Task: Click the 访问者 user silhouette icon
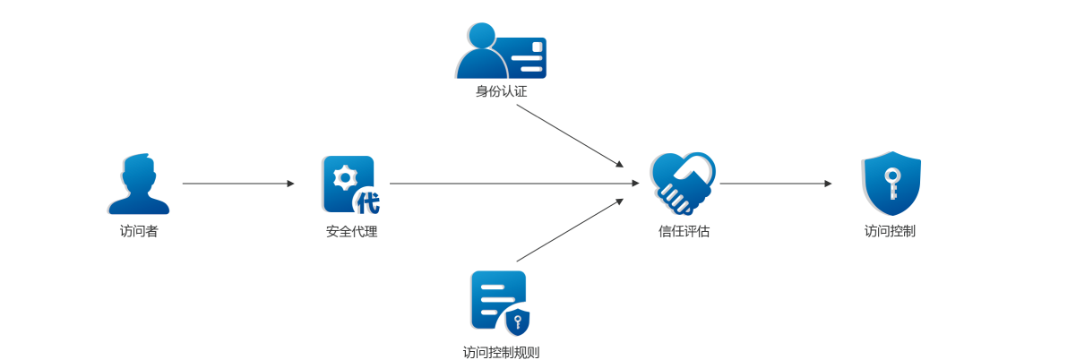tap(139, 184)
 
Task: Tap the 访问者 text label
tap(139, 231)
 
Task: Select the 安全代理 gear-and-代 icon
tap(349, 184)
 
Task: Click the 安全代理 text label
tap(351, 231)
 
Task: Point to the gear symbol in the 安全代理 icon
tap(344, 177)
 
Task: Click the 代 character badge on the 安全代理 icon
tap(367, 202)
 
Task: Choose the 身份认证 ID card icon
tap(501, 52)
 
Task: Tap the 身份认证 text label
tap(501, 91)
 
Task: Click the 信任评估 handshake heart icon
tap(683, 183)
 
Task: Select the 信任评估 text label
tap(684, 231)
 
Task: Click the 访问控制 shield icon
tap(891, 184)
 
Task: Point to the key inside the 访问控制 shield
tap(891, 182)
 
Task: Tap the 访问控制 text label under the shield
tap(890, 231)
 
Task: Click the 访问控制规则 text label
tap(501, 352)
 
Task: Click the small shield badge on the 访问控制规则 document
tap(518, 321)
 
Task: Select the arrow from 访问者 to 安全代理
tap(237, 184)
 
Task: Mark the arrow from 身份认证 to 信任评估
tap(570, 136)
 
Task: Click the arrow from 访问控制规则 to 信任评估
tap(570, 230)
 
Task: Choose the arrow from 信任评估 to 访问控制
tap(775, 184)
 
